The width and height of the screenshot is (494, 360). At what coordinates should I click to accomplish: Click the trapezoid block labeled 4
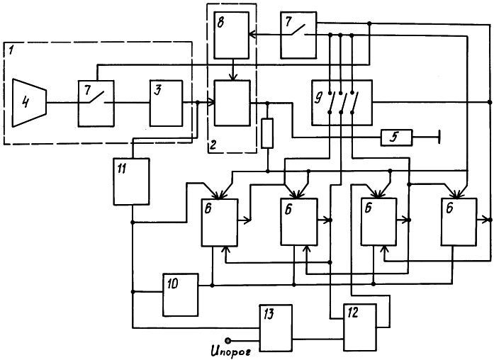29,103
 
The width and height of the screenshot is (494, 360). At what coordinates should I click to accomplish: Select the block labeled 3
166,103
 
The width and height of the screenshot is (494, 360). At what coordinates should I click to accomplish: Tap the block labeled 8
232,35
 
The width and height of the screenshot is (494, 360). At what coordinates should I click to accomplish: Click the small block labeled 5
396,137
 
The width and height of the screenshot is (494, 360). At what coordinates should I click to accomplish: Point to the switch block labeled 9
342,103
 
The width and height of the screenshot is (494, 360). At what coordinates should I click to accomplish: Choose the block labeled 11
131,181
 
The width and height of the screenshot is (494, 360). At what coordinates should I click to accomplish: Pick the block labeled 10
181,295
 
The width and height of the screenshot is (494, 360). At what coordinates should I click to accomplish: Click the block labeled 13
276,328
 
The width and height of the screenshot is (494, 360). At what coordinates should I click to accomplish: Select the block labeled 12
360,327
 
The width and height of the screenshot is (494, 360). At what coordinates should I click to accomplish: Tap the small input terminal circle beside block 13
228,340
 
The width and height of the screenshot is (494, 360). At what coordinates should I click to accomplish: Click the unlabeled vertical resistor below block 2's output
267,133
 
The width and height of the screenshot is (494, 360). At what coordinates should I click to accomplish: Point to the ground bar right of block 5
439,137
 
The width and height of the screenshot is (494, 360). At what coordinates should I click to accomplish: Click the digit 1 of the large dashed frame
11,50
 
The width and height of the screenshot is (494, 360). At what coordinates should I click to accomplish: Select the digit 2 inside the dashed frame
213,145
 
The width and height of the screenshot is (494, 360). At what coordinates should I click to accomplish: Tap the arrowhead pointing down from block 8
232,77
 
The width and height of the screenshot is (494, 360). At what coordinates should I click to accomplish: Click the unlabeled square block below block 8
232,103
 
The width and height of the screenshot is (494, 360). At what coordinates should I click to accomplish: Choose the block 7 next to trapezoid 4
96,103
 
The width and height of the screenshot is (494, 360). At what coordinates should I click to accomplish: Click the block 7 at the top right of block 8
298,35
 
